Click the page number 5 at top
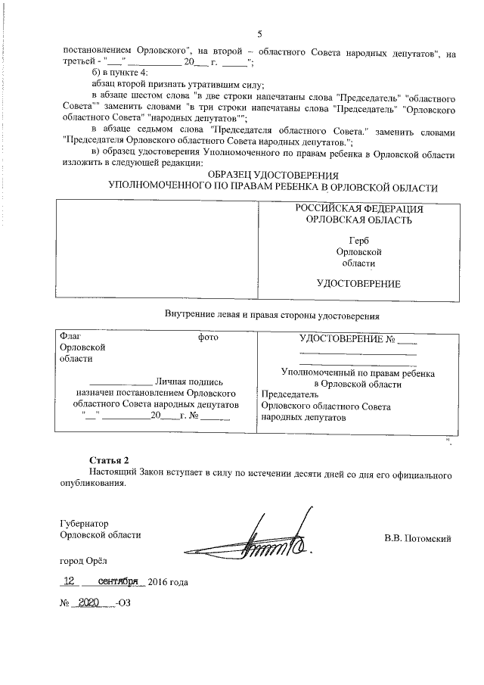tap(259, 34)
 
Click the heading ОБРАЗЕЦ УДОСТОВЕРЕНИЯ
tap(272, 176)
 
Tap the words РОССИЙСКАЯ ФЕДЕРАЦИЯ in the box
tap(358, 208)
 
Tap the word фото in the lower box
tap(208, 337)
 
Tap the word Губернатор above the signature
tap(84, 523)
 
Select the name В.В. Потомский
tap(417, 539)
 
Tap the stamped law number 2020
tap(89, 606)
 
